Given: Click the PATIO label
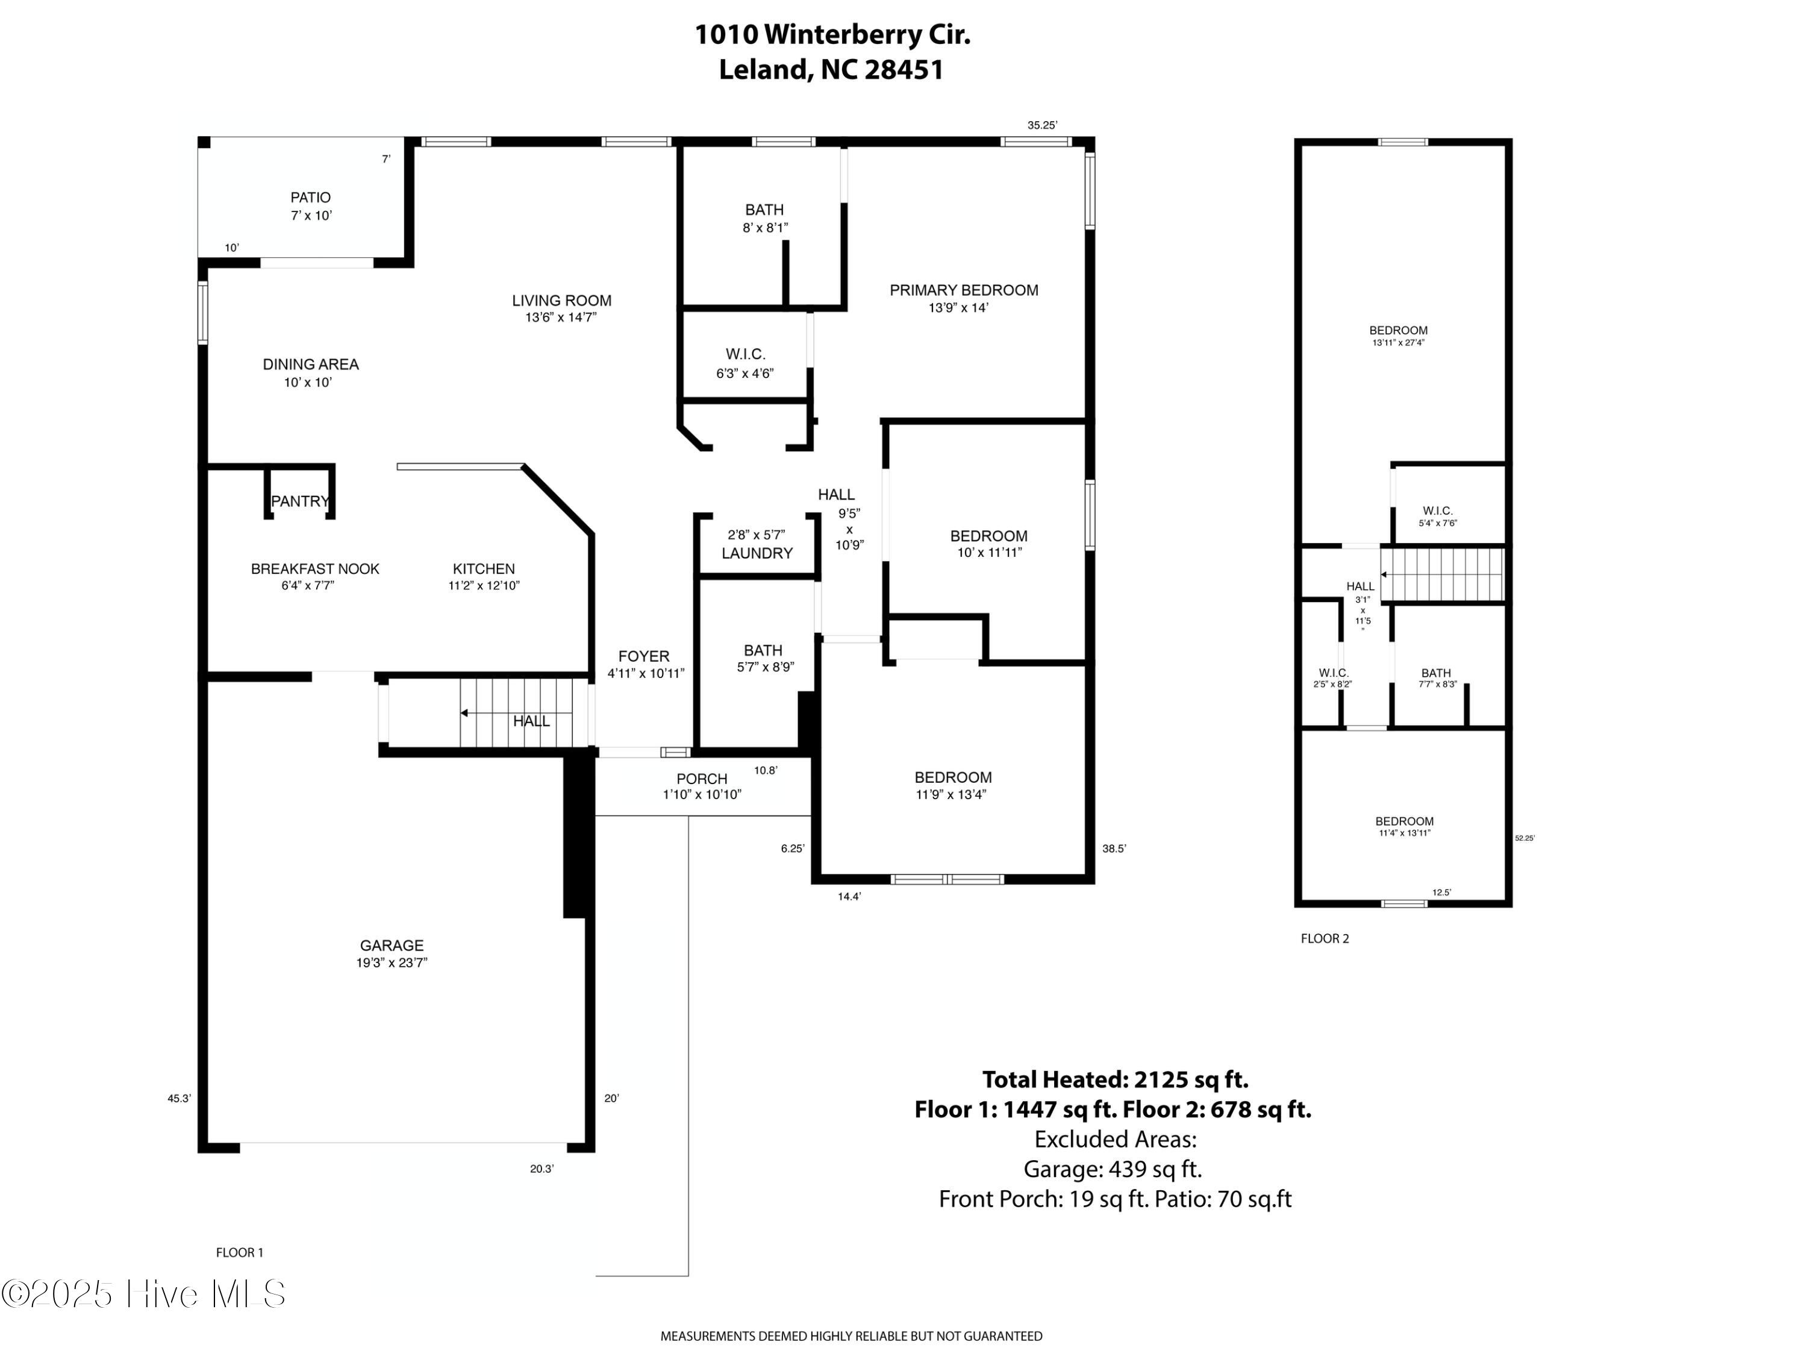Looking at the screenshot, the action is (x=310, y=198).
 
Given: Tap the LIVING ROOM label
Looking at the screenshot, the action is (x=562, y=301).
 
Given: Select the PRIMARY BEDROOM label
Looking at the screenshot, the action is (x=964, y=290).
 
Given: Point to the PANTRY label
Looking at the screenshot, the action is (x=300, y=501).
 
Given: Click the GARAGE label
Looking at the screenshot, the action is (x=392, y=946).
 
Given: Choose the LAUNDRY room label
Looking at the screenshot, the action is (x=757, y=553).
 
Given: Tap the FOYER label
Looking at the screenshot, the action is (x=644, y=656).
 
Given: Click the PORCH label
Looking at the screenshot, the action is (x=702, y=779).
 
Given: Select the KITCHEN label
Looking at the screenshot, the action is (x=484, y=569).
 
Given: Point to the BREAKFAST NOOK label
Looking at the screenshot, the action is (x=316, y=569).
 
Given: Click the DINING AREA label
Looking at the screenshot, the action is (x=310, y=365).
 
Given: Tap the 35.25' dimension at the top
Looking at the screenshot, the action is (x=1043, y=126).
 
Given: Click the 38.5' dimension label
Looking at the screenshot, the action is (x=1114, y=849).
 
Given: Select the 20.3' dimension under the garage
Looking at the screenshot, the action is (x=541, y=1169).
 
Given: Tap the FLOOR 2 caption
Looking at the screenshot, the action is (x=1325, y=939).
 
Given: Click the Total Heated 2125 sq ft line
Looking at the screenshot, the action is (x=1115, y=1080).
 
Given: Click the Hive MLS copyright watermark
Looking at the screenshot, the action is (x=144, y=1294).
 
